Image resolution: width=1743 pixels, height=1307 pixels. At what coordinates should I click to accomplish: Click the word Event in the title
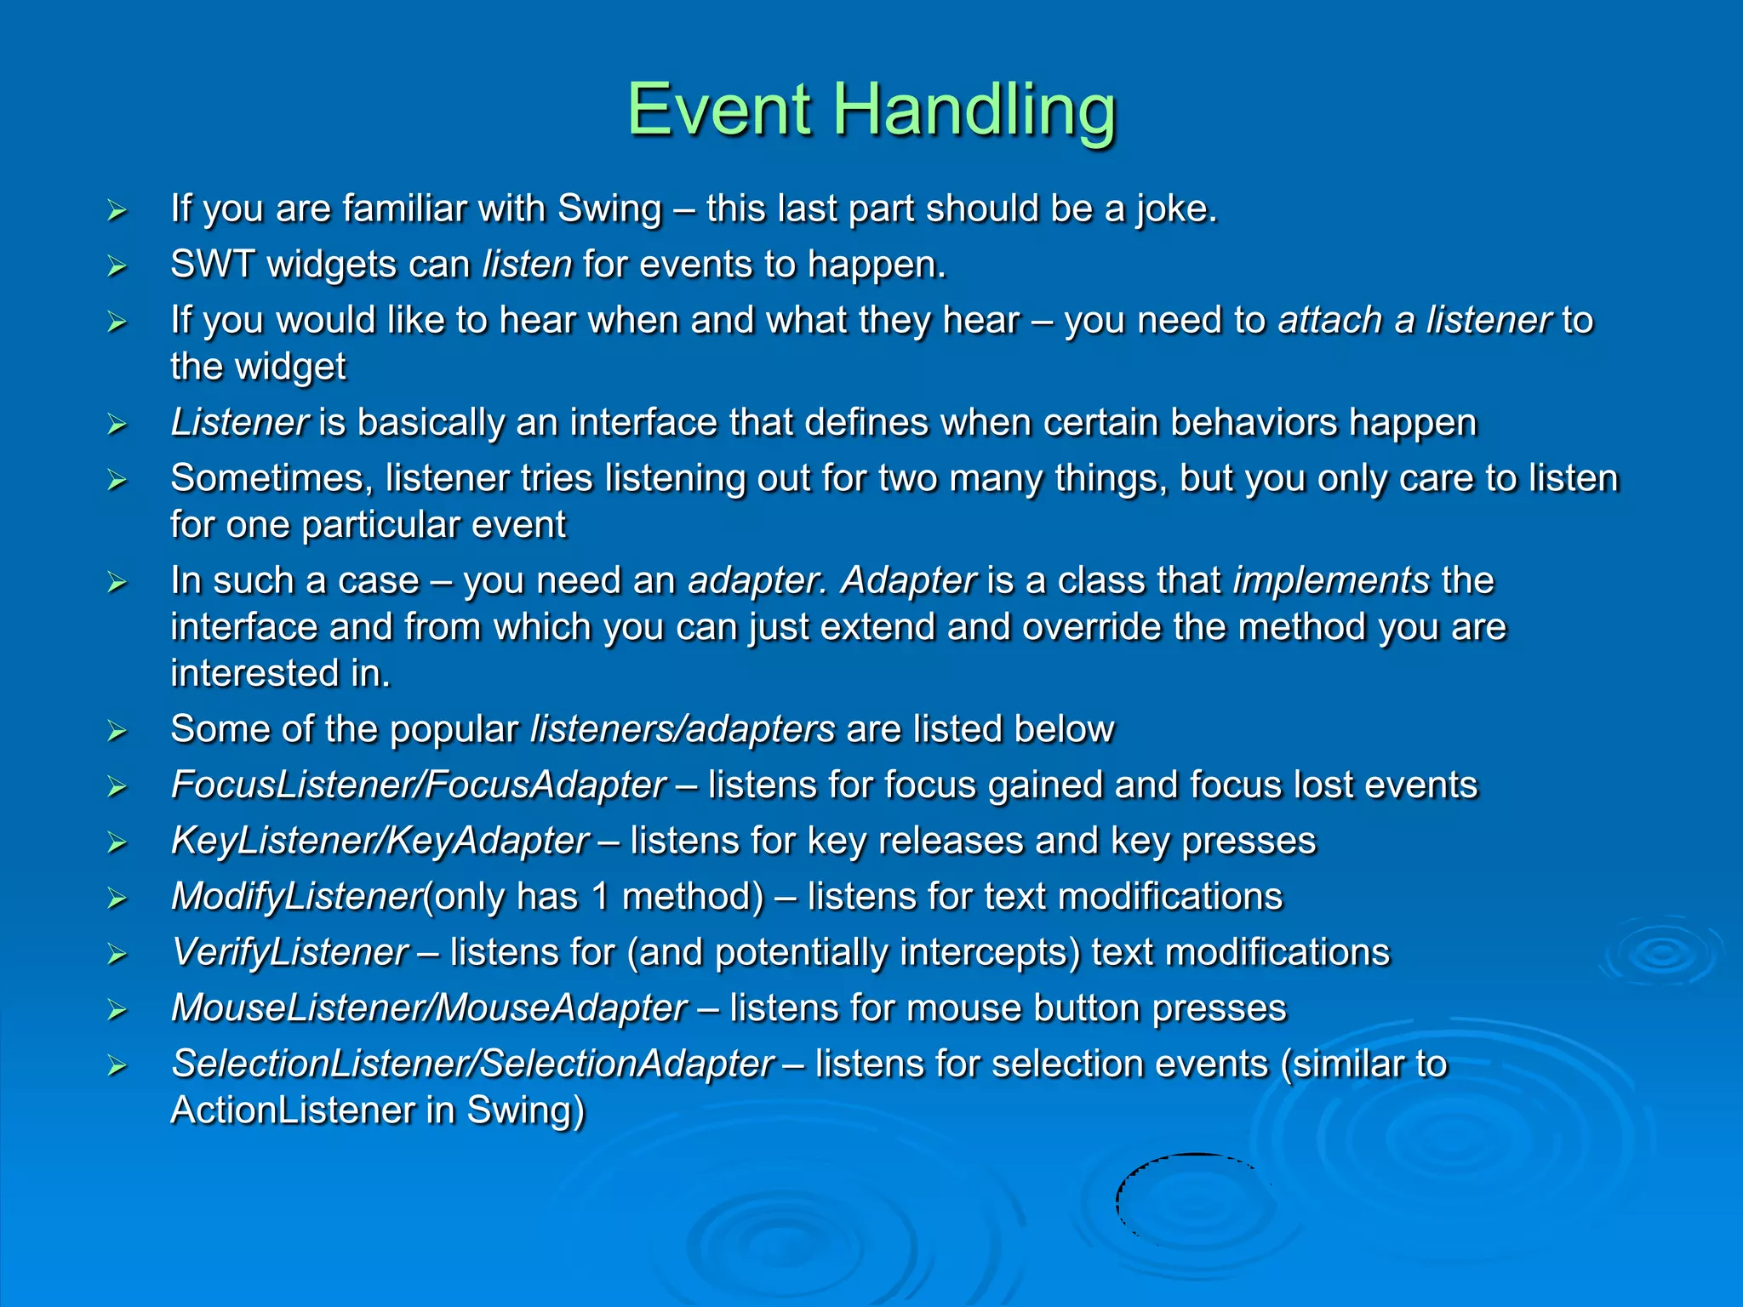point(719,111)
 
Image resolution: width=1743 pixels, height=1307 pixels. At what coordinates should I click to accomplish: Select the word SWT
point(211,265)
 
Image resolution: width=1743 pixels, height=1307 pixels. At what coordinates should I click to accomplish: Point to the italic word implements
point(1331,581)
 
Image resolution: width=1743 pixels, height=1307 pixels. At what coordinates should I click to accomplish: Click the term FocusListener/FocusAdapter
point(418,785)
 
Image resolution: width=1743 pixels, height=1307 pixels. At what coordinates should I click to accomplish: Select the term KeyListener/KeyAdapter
point(380,842)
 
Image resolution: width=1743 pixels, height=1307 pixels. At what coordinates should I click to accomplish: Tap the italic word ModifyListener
point(296,897)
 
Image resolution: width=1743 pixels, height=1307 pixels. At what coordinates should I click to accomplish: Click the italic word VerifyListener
point(289,953)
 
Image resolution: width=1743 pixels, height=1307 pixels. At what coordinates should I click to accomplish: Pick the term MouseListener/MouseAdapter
point(428,1008)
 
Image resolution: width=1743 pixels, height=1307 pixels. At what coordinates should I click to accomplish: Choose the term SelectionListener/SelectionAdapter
point(472,1064)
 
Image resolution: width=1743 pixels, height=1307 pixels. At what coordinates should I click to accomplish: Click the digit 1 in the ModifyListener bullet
point(600,897)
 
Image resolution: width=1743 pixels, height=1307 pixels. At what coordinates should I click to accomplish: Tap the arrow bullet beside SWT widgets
point(117,266)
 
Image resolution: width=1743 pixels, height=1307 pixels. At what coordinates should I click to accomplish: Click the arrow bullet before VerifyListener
point(117,955)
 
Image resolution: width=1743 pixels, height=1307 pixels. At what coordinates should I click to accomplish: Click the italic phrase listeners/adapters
point(682,730)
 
